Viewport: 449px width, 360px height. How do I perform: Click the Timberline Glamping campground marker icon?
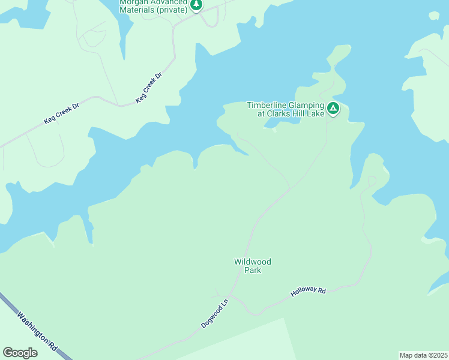pos(333,109)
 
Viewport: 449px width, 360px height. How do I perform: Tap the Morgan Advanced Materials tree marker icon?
pos(196,5)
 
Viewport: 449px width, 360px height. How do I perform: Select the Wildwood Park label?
pos(253,266)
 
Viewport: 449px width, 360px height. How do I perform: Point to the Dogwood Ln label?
pos(215,314)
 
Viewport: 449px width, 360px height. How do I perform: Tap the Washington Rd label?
pos(37,331)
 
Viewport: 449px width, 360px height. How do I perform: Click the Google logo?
pos(20,353)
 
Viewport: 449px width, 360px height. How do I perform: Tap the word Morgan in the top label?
pos(133,2)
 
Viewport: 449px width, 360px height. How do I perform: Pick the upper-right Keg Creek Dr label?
pos(149,88)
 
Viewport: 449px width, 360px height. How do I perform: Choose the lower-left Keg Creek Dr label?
pos(61,112)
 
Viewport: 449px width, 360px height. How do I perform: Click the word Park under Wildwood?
pos(253,270)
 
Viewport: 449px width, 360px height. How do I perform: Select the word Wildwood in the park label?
pos(253,262)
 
